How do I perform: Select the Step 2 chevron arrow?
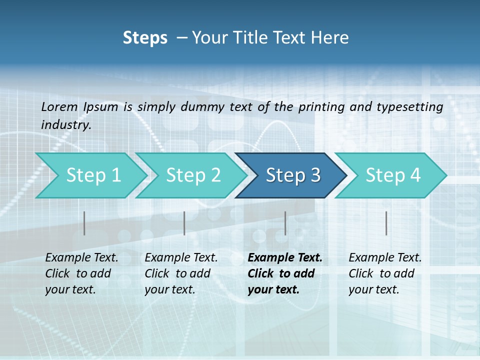(193, 175)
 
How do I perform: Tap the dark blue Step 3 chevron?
(292, 175)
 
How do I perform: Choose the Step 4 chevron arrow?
(392, 175)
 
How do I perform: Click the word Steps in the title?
(145, 37)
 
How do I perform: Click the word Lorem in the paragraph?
(59, 106)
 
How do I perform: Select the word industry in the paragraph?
(65, 125)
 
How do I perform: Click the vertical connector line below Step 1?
(84, 223)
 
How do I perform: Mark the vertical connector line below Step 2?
(184, 223)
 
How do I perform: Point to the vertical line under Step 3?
(285, 223)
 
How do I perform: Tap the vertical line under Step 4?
(386, 223)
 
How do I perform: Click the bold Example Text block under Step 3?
(284, 273)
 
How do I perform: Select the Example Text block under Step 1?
(81, 273)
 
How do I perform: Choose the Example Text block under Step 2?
(181, 273)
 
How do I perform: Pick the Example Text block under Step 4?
(385, 273)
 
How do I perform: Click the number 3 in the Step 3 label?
(315, 175)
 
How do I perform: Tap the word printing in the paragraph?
(319, 106)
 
